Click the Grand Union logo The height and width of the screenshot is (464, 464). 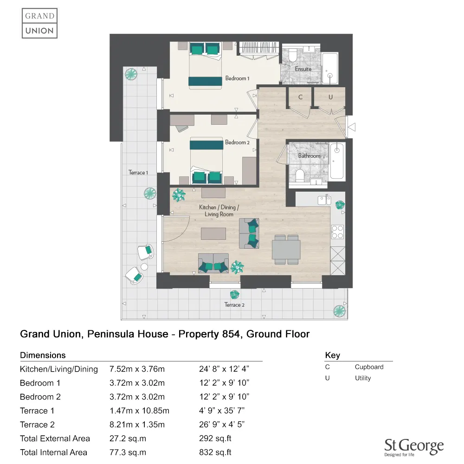[39, 23]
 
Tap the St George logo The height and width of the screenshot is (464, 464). [414, 447]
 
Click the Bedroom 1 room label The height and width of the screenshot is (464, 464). [237, 78]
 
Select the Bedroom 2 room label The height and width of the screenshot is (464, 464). [237, 142]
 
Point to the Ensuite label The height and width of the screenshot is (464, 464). [303, 69]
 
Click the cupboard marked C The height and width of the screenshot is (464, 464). [301, 97]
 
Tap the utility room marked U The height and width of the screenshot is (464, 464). [330, 97]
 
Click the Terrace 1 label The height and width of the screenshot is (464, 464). [138, 173]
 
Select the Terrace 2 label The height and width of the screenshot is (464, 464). [234, 305]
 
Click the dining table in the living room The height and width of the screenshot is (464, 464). [286, 250]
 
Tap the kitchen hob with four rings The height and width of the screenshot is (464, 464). [337, 232]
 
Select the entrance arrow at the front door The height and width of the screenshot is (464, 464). [352, 127]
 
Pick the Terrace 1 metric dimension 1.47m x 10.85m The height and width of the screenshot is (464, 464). [139, 411]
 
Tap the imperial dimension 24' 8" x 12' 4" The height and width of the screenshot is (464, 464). [224, 369]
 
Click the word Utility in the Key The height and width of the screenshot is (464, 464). [363, 378]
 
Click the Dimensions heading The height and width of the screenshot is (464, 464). [43, 355]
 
